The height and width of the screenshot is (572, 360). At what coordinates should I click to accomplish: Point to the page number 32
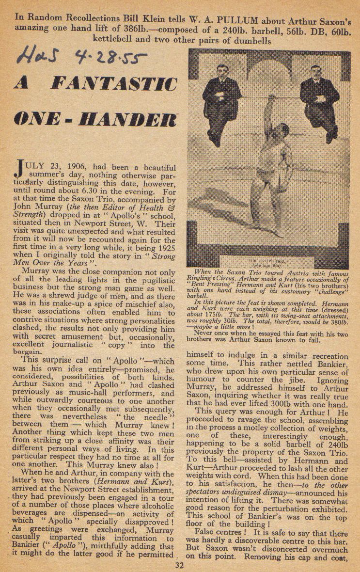[x=180, y=564]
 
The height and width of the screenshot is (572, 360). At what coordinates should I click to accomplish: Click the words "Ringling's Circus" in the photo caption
[x=215, y=280]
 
